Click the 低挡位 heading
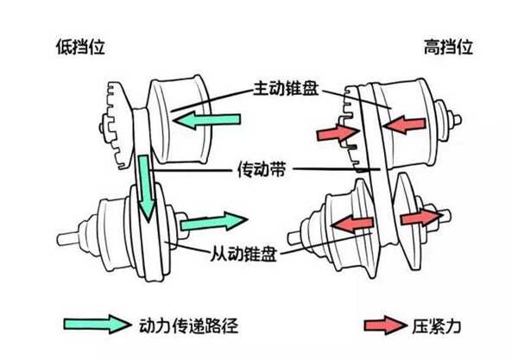pos(80,47)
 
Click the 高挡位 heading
pos(448,47)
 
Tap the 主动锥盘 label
pos(286,88)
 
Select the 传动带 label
pos(262,169)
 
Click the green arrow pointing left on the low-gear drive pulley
pos(207,119)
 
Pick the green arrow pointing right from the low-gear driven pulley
pos(214,221)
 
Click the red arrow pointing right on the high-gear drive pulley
pos(338,133)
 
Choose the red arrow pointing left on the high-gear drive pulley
pos(404,124)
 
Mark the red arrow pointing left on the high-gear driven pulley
pos(352,224)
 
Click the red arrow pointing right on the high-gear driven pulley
pos(421,217)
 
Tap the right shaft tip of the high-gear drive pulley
pos(458,120)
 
